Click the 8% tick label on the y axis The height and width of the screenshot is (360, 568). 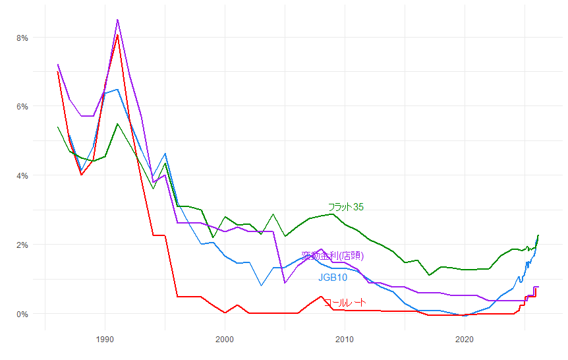(x=22, y=38)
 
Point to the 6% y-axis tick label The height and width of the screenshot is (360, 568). (x=22, y=106)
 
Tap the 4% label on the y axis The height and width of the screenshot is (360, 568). (x=22, y=175)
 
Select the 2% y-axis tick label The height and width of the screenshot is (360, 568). (x=22, y=245)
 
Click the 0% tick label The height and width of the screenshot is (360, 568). (x=22, y=314)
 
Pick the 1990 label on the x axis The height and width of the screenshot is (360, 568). (x=105, y=340)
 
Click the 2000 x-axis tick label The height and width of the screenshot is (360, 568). (x=225, y=340)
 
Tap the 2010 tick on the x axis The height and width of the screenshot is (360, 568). (x=345, y=340)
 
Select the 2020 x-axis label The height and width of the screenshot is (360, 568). (x=465, y=340)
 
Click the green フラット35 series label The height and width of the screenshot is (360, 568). (x=346, y=207)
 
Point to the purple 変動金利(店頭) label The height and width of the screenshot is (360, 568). (x=333, y=256)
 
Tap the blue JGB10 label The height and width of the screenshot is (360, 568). (x=333, y=278)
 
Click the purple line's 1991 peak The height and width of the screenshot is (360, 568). (x=117, y=20)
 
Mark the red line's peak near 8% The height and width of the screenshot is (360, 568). (x=117, y=34)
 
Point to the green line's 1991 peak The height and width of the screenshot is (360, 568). (x=117, y=124)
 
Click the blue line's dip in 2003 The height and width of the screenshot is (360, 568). (x=261, y=285)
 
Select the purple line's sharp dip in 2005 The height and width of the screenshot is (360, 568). (x=285, y=283)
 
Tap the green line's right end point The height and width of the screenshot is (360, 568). (x=538, y=235)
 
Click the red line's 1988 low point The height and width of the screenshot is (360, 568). (x=81, y=175)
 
